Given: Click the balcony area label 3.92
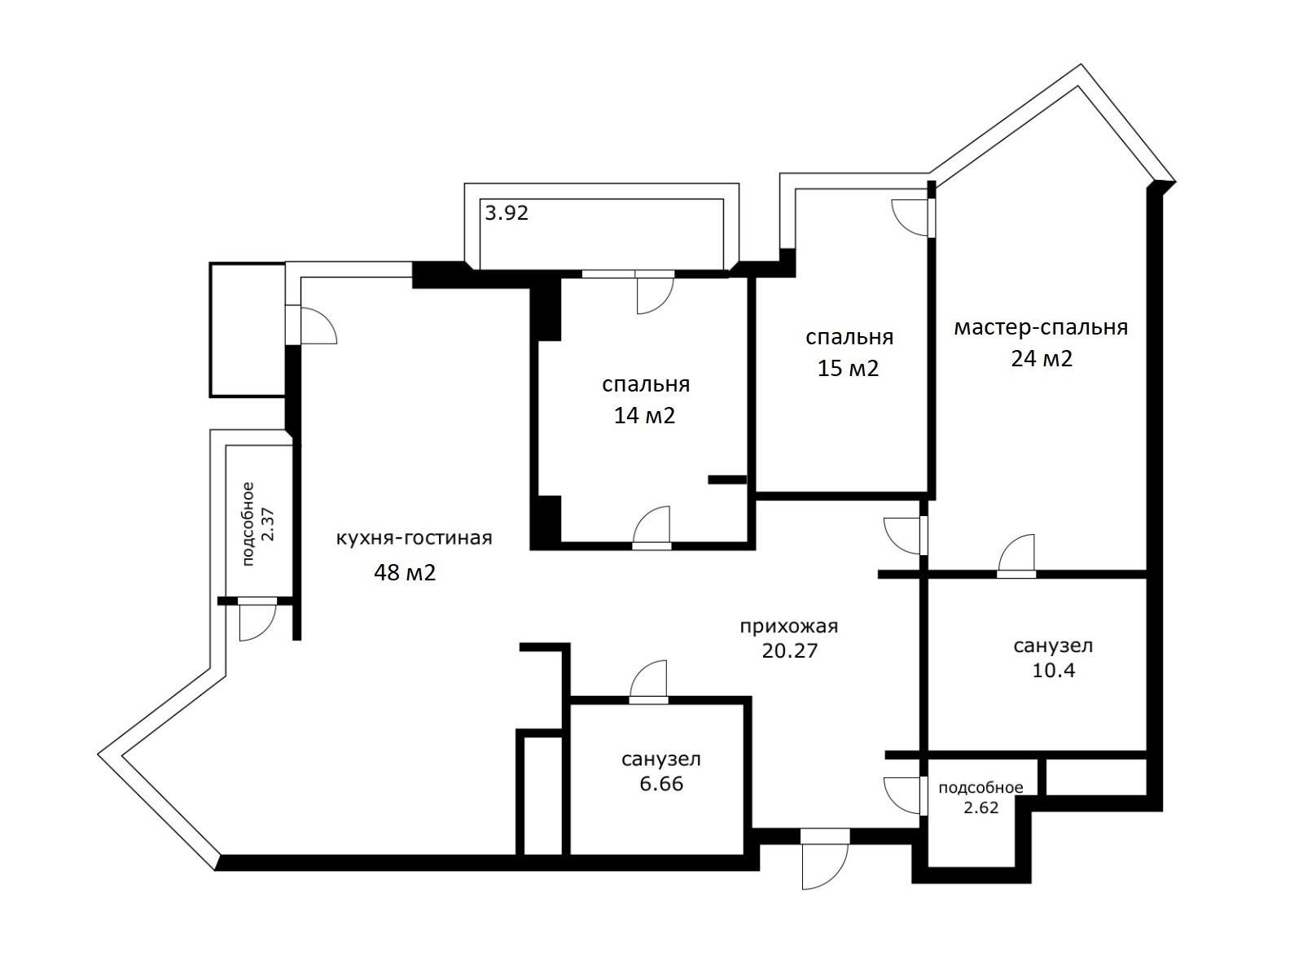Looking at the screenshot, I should click(507, 213).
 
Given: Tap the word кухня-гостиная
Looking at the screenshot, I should click(414, 538).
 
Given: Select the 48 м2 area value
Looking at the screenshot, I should click(405, 573).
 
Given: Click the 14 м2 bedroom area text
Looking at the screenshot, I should click(644, 416).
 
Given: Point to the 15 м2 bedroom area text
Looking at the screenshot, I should click(848, 369).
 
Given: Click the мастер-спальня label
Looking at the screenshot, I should click(1040, 327).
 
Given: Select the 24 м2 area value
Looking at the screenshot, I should click(1042, 359).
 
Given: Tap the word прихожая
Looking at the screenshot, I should click(788, 626).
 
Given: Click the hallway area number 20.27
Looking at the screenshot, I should click(789, 651).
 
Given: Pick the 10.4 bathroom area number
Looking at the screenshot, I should click(1053, 671).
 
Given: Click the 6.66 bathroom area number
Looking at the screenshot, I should click(660, 784).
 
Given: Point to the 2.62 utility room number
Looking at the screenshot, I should click(981, 807).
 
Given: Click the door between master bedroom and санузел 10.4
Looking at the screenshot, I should click(1017, 556).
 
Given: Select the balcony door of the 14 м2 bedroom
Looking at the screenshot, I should click(654, 293).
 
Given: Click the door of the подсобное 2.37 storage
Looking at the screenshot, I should click(258, 620).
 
